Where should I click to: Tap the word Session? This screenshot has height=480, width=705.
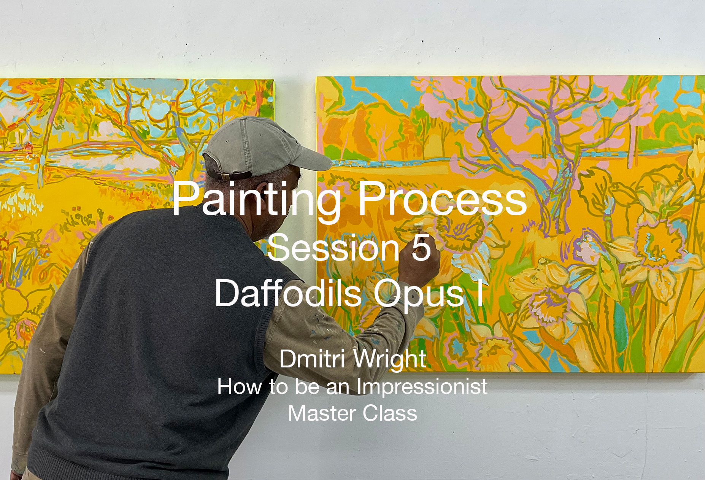click(332, 248)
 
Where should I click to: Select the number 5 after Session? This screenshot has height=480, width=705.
click(421, 248)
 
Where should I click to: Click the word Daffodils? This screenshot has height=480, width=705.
click(288, 293)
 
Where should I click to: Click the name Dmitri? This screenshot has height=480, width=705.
click(312, 359)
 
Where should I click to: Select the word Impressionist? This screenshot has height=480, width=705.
click(422, 387)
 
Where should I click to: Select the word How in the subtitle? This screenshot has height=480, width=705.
click(240, 387)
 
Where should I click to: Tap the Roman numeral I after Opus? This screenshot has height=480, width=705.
click(480, 293)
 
